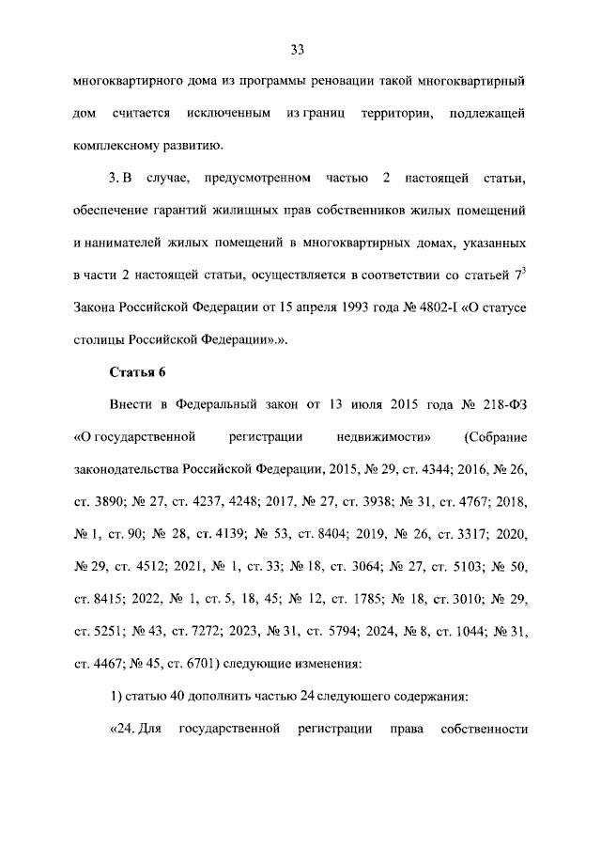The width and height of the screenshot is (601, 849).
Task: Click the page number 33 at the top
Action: (299, 49)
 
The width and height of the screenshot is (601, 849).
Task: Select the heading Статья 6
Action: (137, 371)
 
